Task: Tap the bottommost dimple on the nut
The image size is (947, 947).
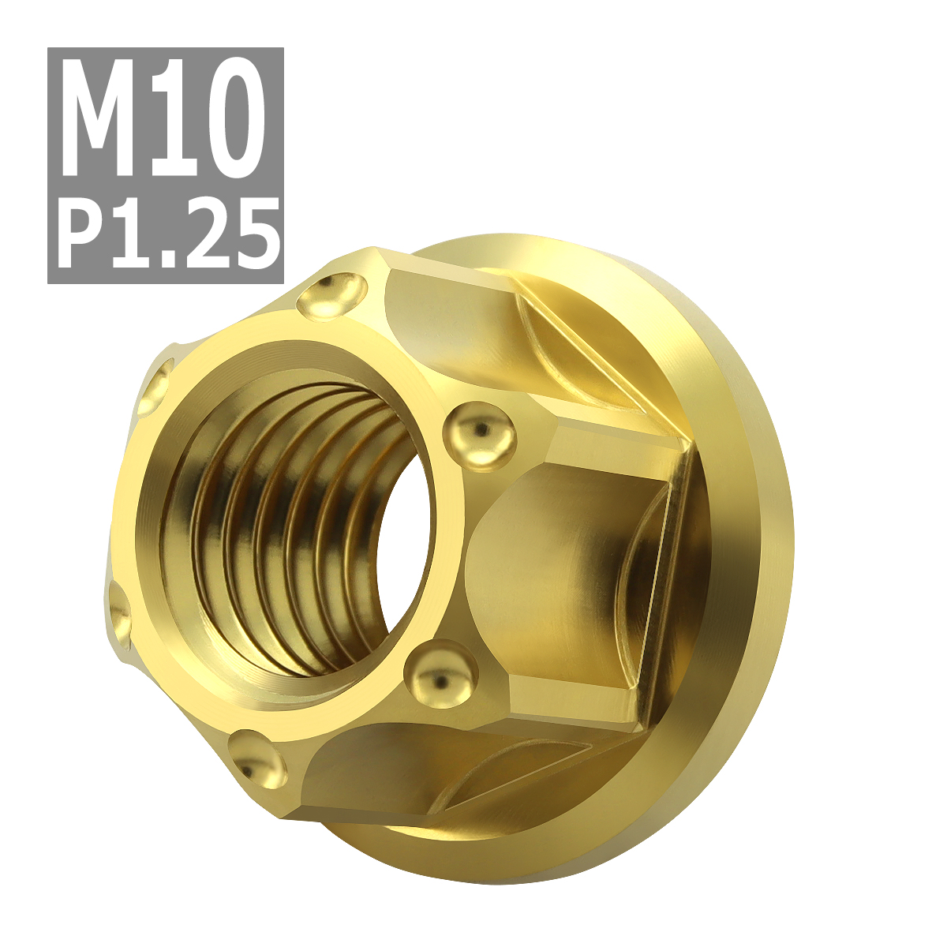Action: (257, 762)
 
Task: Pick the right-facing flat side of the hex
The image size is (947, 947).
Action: (568, 576)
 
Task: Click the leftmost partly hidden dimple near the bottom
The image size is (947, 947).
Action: (118, 612)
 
